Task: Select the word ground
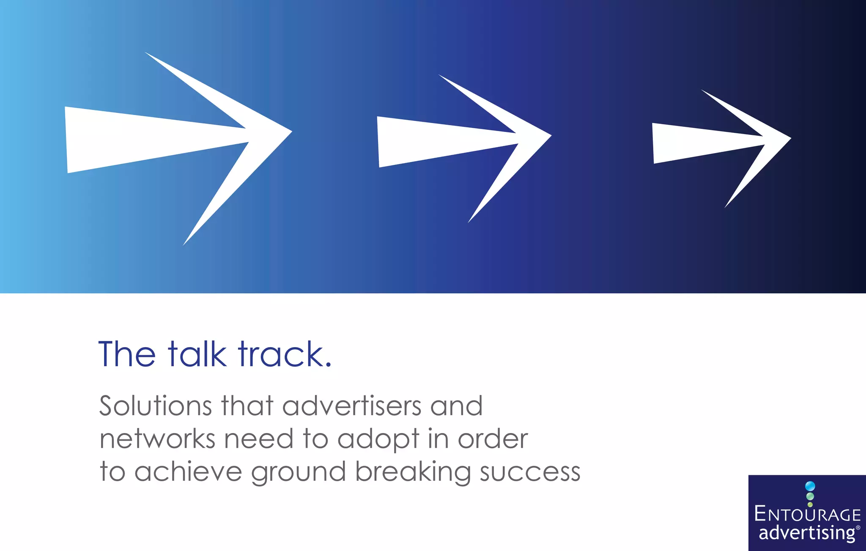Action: point(298,473)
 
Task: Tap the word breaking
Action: point(413,473)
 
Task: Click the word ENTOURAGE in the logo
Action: point(807,514)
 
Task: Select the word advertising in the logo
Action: point(806,532)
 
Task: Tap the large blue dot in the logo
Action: point(810,486)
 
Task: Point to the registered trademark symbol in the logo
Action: point(858,527)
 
